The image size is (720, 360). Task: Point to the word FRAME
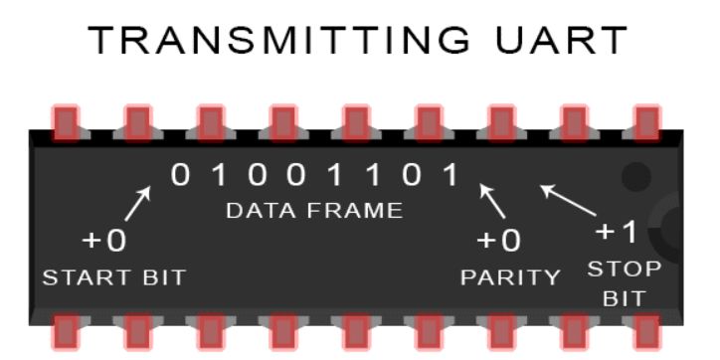pyautogui.click(x=354, y=211)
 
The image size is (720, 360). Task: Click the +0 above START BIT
pyautogui.click(x=104, y=242)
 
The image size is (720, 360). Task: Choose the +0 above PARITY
pyautogui.click(x=499, y=242)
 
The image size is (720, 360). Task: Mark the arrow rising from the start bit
pyautogui.click(x=137, y=202)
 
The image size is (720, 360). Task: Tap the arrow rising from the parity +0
pyautogui.click(x=492, y=200)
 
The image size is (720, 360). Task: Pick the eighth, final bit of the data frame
pyautogui.click(x=451, y=175)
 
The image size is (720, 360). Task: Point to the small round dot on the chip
pyautogui.click(x=634, y=178)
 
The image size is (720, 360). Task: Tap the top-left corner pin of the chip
pyautogui.click(x=66, y=121)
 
